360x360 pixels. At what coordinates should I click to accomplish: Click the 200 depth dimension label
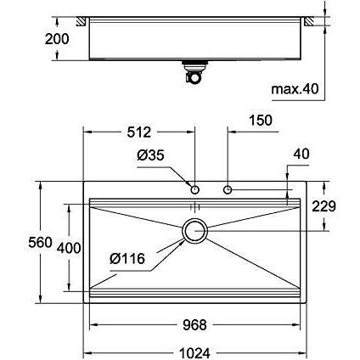(x=57, y=39)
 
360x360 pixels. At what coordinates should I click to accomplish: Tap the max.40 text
(x=295, y=89)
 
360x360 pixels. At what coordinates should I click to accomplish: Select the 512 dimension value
(x=139, y=132)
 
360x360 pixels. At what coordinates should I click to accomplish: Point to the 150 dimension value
(x=261, y=120)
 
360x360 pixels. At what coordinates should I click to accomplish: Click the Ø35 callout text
(x=150, y=155)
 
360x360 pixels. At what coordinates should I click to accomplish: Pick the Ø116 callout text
(x=127, y=258)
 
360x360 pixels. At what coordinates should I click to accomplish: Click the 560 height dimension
(x=41, y=242)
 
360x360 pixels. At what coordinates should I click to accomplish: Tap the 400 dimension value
(x=69, y=248)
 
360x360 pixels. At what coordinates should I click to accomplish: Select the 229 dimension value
(x=323, y=206)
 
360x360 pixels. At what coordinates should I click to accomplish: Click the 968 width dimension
(x=194, y=324)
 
